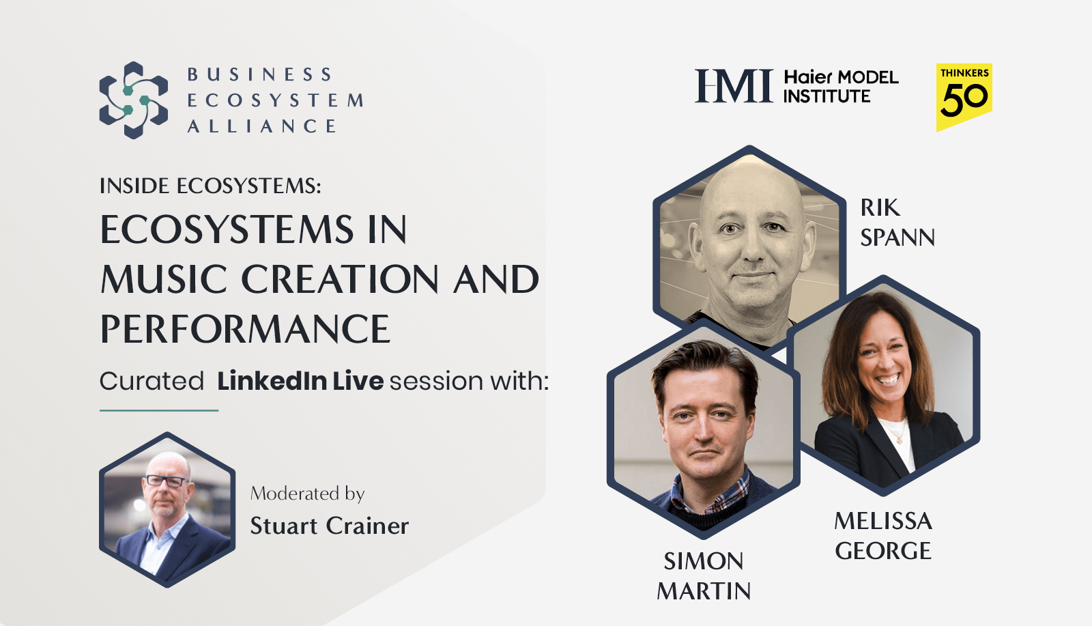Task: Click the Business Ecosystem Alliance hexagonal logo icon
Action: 134,100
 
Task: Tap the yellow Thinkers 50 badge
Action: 964,96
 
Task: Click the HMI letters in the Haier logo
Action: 734,86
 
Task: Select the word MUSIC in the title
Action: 164,279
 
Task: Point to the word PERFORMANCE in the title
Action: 245,329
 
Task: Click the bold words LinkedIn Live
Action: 300,381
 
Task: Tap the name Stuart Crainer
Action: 329,526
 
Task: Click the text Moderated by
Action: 307,493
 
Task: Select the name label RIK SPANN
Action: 897,223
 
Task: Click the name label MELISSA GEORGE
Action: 883,536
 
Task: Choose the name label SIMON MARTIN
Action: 704,575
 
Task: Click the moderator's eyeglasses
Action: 166,481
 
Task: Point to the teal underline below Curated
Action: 159,410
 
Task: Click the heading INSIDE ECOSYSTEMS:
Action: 210,186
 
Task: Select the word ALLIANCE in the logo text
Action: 262,126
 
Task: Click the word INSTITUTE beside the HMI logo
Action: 827,97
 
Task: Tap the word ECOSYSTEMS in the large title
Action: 227,229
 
